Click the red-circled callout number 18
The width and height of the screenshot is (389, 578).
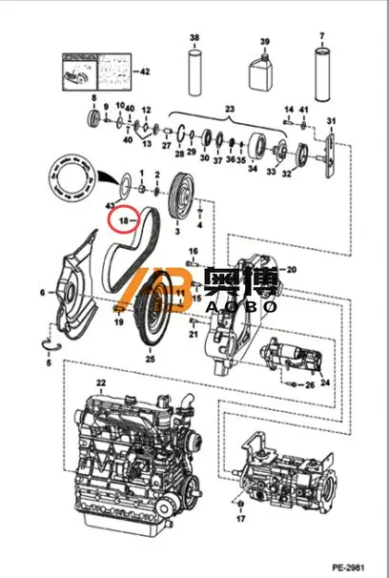click(x=121, y=221)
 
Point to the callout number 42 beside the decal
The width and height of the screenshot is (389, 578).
click(x=145, y=72)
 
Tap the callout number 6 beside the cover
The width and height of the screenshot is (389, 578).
click(x=41, y=292)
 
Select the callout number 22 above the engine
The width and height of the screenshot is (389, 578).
click(x=100, y=382)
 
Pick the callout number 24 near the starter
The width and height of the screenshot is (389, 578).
click(x=324, y=383)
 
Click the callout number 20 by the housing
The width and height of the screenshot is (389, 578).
click(x=292, y=270)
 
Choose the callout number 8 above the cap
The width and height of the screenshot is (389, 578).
click(x=93, y=98)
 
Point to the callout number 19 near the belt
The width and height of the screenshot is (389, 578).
click(x=119, y=322)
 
